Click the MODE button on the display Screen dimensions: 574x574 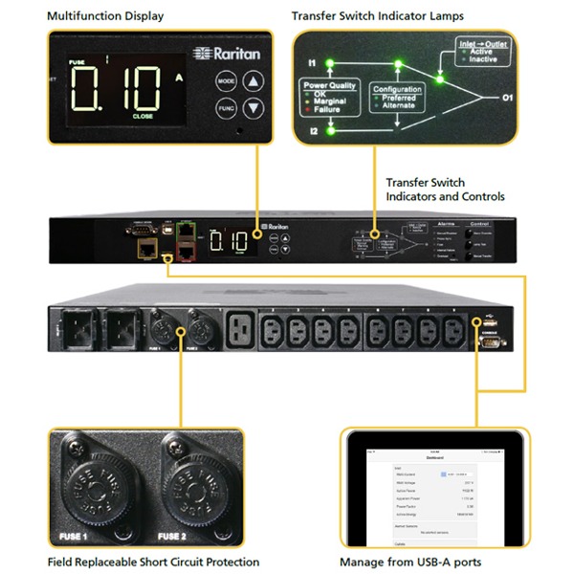(x=227, y=82)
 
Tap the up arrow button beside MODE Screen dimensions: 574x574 (x=253, y=82)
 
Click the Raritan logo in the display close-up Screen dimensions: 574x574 (x=226, y=54)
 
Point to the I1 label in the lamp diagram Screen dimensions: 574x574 (x=311, y=63)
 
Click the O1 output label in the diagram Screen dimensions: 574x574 (x=507, y=97)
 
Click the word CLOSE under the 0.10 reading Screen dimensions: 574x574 (x=143, y=116)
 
